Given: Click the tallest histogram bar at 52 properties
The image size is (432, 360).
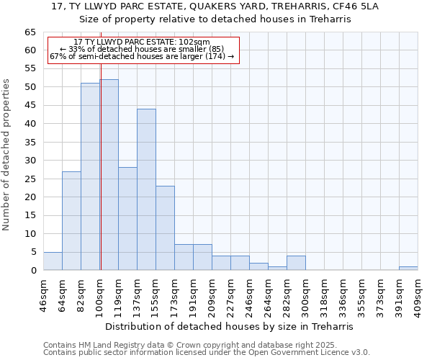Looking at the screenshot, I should (109, 175).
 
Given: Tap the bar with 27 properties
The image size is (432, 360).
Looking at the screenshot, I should (71, 220).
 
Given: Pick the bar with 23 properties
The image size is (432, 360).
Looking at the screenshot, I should (165, 228).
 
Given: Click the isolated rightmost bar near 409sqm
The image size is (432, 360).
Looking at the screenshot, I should (408, 269).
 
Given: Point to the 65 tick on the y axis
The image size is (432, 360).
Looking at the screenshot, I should (30, 32).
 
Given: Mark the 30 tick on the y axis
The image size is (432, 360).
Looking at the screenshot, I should (30, 161).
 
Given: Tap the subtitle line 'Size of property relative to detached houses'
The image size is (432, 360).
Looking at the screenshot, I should (215, 19).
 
